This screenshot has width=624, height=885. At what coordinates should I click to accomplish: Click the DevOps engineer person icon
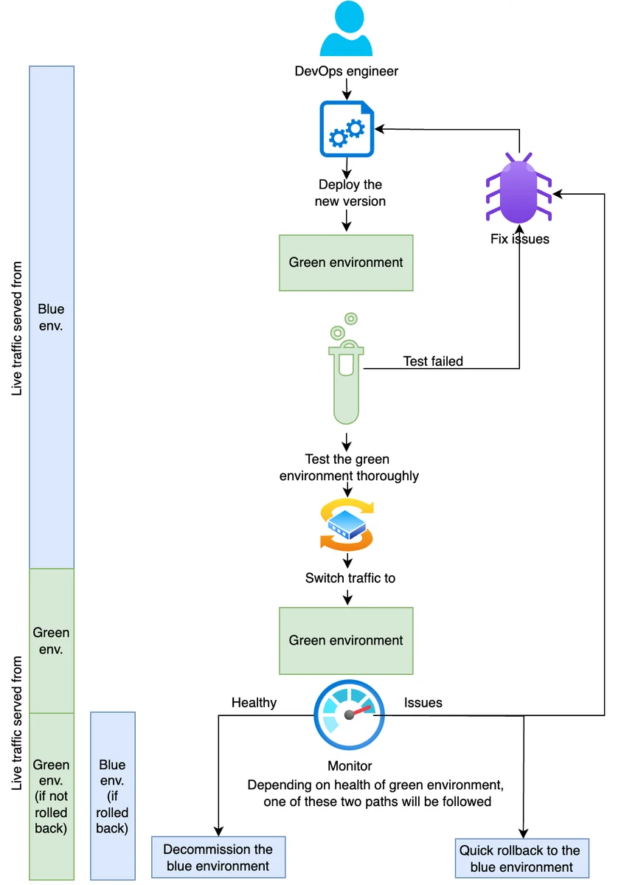(x=346, y=29)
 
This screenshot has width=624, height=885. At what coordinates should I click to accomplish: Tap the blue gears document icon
(x=347, y=129)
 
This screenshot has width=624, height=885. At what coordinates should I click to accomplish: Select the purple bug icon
(x=519, y=188)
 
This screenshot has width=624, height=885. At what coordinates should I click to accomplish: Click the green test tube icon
(x=346, y=368)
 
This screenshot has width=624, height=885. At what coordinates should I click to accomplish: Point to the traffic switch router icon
(x=347, y=524)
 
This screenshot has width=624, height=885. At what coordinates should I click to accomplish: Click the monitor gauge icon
(x=349, y=715)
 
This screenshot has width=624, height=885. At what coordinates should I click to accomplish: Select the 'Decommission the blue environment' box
(x=218, y=857)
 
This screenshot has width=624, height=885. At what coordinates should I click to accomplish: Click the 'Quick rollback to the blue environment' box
(x=521, y=858)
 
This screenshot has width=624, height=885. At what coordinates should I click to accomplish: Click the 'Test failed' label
(x=433, y=361)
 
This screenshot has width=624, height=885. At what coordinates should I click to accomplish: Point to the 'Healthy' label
(x=254, y=702)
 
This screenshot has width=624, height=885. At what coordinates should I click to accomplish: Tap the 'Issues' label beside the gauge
(x=423, y=702)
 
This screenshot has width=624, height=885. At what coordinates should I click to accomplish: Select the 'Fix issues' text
(x=520, y=239)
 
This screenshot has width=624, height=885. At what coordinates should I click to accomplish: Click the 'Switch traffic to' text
(x=350, y=577)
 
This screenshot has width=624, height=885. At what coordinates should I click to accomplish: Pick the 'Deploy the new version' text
(x=350, y=192)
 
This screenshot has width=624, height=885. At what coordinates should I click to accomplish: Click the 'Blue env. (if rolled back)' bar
(x=113, y=796)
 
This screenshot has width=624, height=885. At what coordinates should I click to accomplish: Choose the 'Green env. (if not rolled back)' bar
(x=52, y=796)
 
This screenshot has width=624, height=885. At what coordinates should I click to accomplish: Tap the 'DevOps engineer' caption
(x=346, y=71)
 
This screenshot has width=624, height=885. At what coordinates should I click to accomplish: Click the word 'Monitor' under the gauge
(x=350, y=766)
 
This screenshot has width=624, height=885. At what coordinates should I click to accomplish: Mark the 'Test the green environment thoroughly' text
(x=349, y=468)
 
